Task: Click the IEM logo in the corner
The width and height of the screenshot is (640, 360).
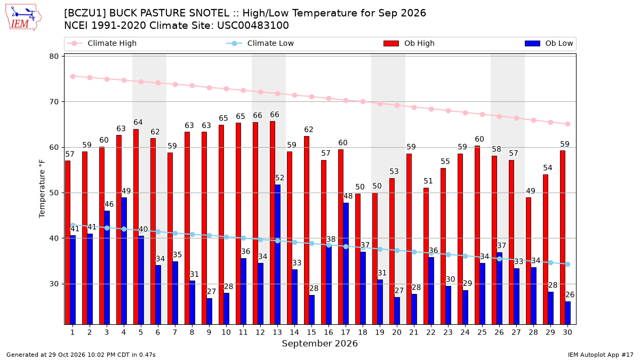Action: [23, 18]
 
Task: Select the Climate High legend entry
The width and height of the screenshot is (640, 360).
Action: [101, 43]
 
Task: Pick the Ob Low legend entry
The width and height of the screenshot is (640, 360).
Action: [549, 43]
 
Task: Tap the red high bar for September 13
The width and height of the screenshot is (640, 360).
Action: [273, 223]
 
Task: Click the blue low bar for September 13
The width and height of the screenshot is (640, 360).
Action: [278, 254]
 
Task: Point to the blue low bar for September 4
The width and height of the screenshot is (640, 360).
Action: [124, 261]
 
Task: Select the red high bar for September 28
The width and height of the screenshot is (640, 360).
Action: [529, 261]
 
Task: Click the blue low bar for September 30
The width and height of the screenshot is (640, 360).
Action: [568, 313]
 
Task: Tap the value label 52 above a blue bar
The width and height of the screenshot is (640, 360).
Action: [279, 178]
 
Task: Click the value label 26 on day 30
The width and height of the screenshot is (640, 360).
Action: [570, 294]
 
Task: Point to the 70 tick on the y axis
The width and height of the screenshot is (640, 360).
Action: [54, 102]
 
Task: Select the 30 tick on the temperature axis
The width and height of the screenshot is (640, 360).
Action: [54, 284]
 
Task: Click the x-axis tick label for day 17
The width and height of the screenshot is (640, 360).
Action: [346, 332]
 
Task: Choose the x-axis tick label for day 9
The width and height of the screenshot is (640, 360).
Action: [209, 332]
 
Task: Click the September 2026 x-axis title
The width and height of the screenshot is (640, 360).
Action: [319, 343]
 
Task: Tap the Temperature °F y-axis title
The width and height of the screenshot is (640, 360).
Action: [42, 189]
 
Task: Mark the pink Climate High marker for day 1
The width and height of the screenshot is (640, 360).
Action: [73, 77]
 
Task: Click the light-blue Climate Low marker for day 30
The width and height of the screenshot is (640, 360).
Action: [568, 265]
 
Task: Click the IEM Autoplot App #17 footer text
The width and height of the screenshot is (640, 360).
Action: [601, 355]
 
